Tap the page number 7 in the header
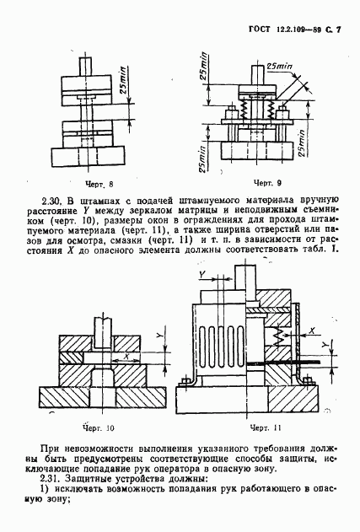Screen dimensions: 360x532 click(x=339, y=30)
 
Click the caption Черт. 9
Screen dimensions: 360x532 click(x=266, y=182)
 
